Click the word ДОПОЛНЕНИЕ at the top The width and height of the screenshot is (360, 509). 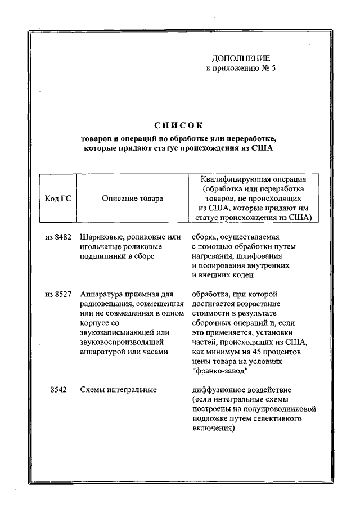(x=241, y=58)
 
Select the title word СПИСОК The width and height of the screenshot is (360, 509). (x=179, y=124)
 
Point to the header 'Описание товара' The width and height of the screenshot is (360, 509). (x=133, y=198)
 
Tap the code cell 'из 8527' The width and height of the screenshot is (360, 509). (x=58, y=294)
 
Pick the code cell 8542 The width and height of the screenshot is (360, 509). (x=58, y=389)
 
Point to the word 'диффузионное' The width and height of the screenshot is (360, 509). (x=217, y=389)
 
